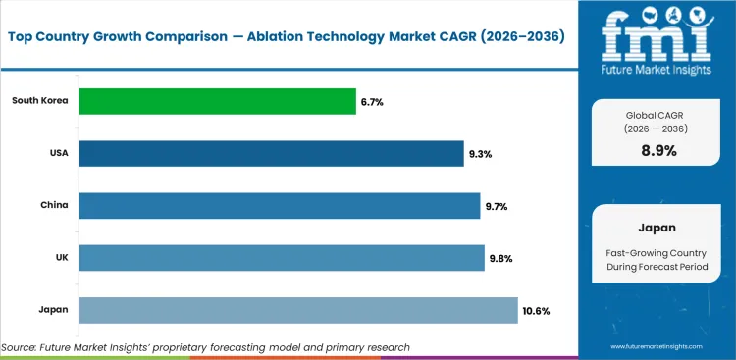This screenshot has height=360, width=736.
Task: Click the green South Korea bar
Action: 217,101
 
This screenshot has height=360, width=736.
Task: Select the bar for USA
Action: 270,153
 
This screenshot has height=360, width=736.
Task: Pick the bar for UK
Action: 281,258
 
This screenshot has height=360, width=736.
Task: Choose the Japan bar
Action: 297,310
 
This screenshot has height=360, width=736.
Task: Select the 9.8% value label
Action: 500,259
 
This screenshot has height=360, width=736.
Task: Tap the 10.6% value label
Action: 537,311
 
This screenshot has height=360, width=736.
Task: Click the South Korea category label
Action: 40,101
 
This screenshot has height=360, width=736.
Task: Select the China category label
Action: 54,206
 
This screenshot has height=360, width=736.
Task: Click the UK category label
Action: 60,258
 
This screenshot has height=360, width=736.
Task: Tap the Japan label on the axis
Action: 53,311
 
